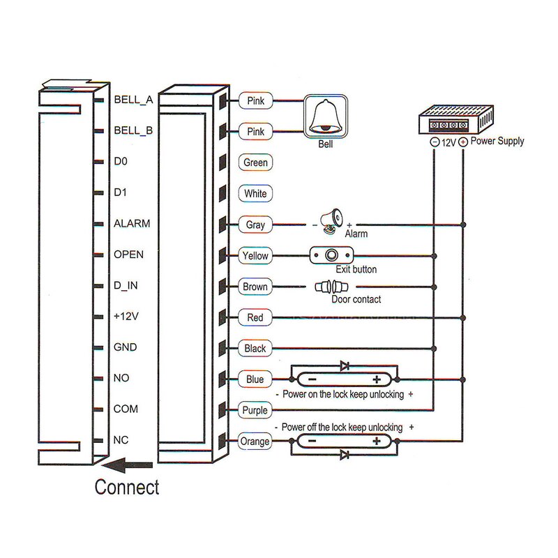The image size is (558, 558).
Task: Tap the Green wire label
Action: (x=255, y=163)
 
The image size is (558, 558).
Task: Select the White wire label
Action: (x=255, y=193)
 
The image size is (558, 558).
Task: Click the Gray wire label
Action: (x=255, y=225)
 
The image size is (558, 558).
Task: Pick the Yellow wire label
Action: (x=255, y=255)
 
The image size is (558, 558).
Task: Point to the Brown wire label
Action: (x=255, y=287)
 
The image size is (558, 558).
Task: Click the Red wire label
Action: (x=255, y=317)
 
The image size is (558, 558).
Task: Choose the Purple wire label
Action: (x=255, y=410)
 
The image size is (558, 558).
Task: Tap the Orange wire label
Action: (x=255, y=441)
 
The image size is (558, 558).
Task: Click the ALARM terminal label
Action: (x=132, y=224)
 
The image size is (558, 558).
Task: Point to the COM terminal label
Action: (x=126, y=409)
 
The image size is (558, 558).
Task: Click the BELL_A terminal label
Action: (x=133, y=100)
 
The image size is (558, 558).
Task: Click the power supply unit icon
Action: (x=455, y=120)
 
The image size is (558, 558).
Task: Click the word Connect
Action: (x=127, y=487)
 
